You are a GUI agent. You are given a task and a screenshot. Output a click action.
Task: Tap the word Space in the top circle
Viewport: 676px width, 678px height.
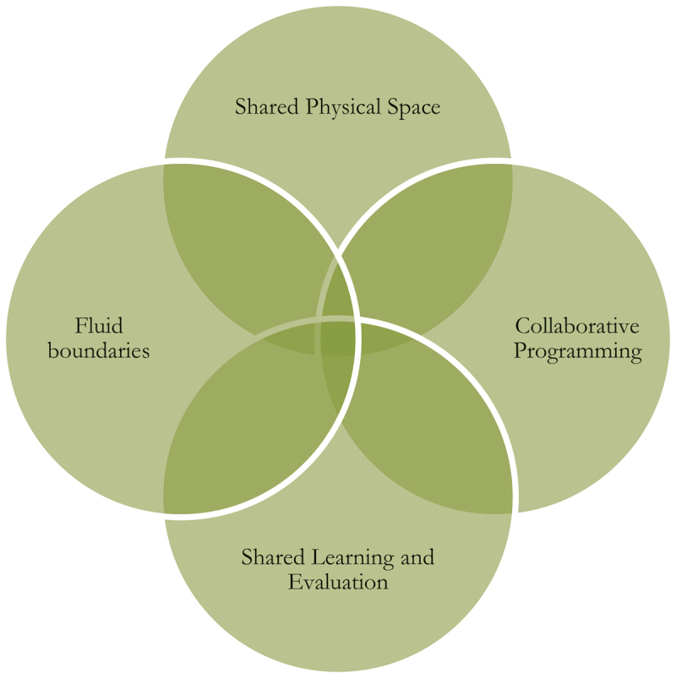(415, 108)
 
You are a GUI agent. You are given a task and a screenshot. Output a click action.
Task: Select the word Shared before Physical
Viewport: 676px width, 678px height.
(262, 108)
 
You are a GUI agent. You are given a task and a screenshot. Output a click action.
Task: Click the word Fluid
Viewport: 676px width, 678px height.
(99, 325)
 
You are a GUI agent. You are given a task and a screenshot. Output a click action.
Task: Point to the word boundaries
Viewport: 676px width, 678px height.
(99, 350)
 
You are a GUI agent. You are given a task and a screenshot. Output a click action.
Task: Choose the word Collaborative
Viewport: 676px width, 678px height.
(577, 326)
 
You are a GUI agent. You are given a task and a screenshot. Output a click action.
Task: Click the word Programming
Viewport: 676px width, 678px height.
(578, 350)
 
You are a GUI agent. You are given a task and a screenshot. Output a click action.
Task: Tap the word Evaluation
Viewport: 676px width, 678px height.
(338, 582)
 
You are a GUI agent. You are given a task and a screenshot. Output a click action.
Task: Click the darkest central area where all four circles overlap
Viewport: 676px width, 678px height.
(338, 338)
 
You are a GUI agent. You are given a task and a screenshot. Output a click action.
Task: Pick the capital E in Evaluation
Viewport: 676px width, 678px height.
(293, 582)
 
